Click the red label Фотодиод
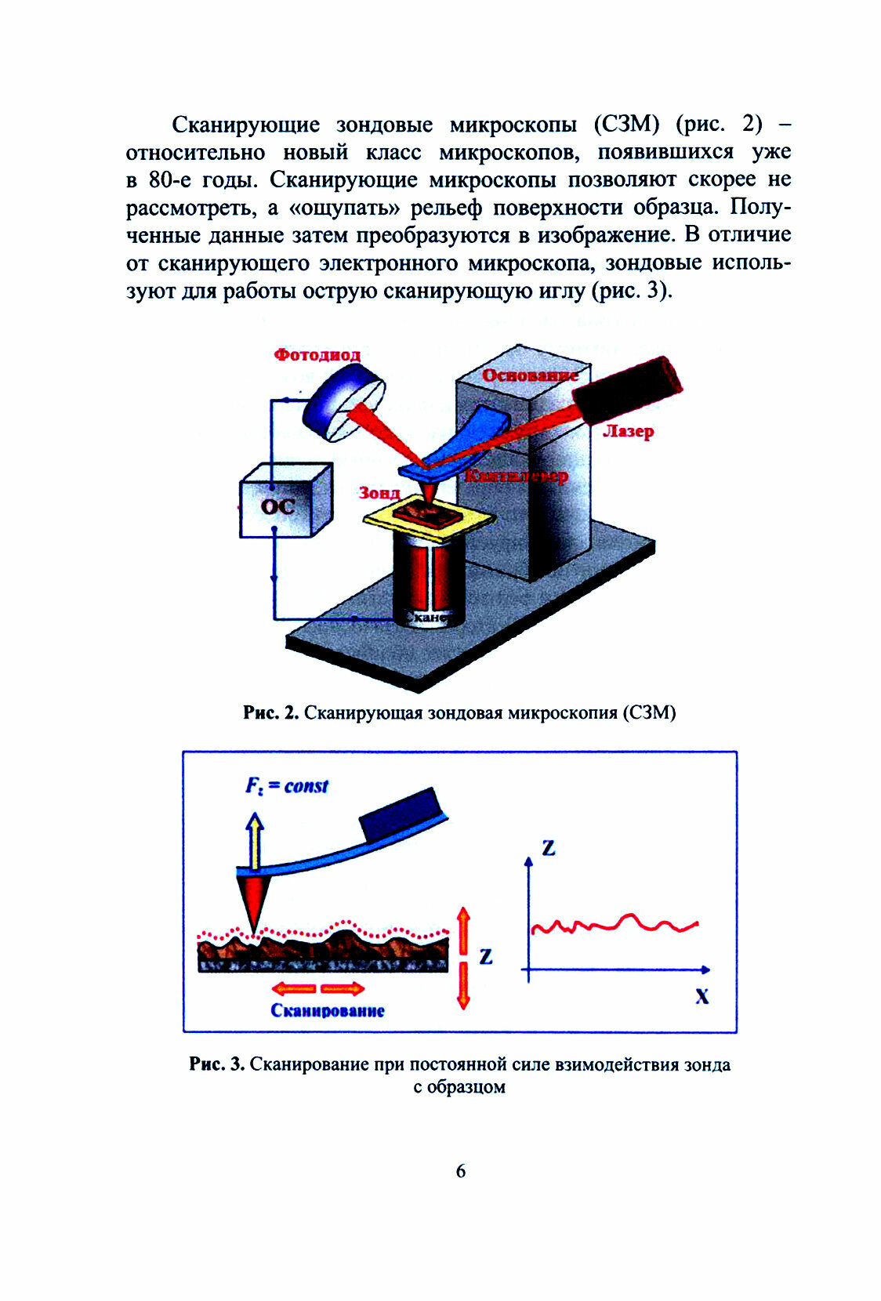317,354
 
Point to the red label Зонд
379,493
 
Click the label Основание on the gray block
530,375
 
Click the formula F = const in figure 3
287,786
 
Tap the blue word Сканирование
328,1010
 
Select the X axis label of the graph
702,997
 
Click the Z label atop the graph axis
549,847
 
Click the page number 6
460,1171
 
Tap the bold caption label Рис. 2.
270,713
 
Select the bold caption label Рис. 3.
217,1064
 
